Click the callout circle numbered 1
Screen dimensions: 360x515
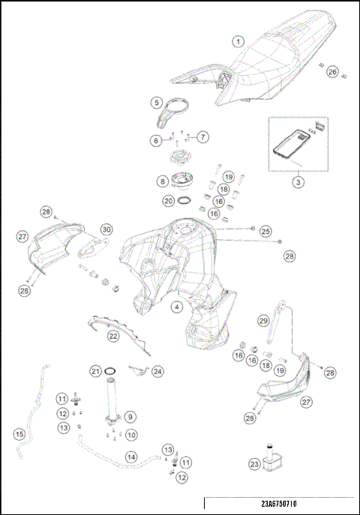click(x=238, y=42)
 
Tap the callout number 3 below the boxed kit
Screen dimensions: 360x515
click(x=298, y=182)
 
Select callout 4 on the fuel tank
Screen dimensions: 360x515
click(x=177, y=307)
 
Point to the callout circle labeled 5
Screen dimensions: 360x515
click(x=157, y=103)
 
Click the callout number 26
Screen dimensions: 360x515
click(x=332, y=72)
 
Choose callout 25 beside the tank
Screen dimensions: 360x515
click(x=265, y=232)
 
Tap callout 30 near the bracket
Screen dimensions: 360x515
click(x=106, y=229)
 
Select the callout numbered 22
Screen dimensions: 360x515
click(x=113, y=336)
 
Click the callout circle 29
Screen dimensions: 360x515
click(x=264, y=321)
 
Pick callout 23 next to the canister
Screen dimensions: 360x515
click(x=254, y=464)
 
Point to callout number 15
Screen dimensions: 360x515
click(x=19, y=434)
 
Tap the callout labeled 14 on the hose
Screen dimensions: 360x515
click(x=131, y=457)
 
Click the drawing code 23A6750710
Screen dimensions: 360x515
click(x=279, y=504)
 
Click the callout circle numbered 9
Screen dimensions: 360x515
click(x=130, y=417)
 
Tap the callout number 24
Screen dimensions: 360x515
click(x=157, y=372)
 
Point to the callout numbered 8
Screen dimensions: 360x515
click(x=162, y=181)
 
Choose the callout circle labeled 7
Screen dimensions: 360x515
click(x=202, y=137)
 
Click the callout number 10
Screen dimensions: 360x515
click(x=131, y=435)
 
